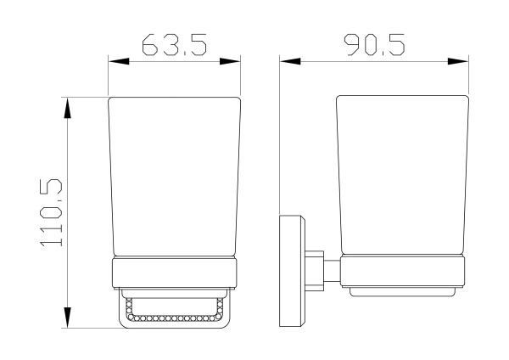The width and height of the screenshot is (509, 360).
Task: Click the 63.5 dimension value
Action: [174, 44]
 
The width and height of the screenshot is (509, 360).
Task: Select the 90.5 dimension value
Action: [374, 44]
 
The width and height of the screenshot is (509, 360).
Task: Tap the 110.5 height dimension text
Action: [51, 212]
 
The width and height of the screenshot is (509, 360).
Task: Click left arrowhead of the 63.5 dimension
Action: [119, 61]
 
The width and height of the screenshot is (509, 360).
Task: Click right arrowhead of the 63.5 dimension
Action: [230, 61]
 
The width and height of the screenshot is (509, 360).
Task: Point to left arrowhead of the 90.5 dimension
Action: [290, 61]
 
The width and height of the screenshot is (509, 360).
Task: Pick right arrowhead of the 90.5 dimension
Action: [458, 61]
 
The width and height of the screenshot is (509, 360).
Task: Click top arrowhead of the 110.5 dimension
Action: [67, 108]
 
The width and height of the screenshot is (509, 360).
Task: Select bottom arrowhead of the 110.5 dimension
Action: [67, 318]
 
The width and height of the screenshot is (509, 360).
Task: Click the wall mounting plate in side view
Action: [292, 271]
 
